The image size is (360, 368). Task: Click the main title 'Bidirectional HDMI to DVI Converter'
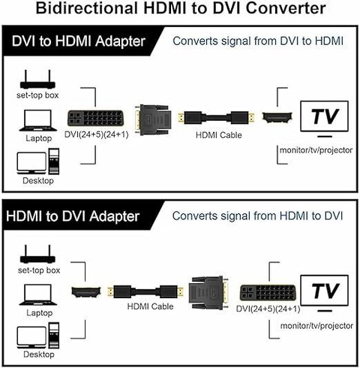point(180,10)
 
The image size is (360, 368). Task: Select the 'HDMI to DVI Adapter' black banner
point(75,217)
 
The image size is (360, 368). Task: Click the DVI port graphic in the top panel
point(95,119)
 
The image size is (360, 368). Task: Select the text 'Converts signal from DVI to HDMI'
point(258,41)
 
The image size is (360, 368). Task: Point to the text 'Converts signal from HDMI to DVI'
point(258,216)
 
